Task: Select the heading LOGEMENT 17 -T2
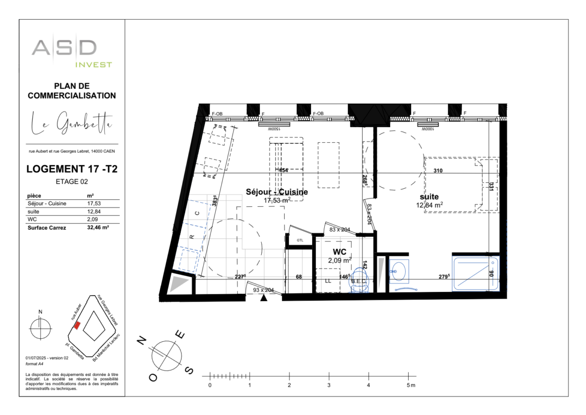click(72, 170)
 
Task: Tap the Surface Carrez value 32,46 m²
click(98, 228)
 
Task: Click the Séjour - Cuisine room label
click(276, 192)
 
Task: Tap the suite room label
click(428, 197)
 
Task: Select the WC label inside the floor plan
click(340, 252)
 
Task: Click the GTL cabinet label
click(300, 240)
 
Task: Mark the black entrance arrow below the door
click(264, 298)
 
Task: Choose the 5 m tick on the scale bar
click(409, 377)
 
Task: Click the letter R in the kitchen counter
click(191, 237)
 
